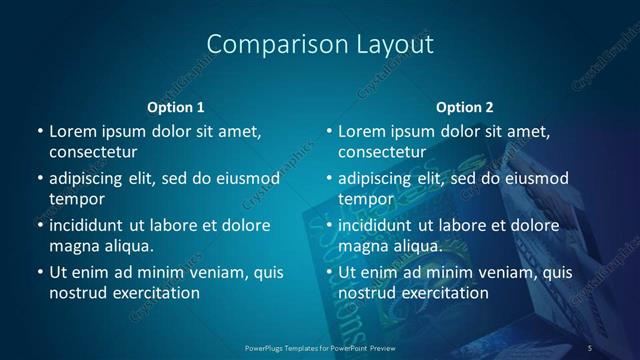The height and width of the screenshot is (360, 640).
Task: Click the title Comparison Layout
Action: [320, 45]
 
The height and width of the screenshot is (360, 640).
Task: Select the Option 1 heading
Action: [175, 107]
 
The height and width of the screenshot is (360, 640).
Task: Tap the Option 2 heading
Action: [465, 107]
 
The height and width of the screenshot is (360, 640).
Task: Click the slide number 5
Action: [590, 347]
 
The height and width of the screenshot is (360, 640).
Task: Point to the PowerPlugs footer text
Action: [320, 347]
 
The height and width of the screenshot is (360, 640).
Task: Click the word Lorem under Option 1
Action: [72, 131]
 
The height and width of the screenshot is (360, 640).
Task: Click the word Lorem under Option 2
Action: [361, 131]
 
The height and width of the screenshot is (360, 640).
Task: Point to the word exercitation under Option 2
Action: [443, 293]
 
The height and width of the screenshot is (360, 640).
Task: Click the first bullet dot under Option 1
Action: [39, 131]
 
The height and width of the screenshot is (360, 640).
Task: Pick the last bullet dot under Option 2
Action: [328, 272]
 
